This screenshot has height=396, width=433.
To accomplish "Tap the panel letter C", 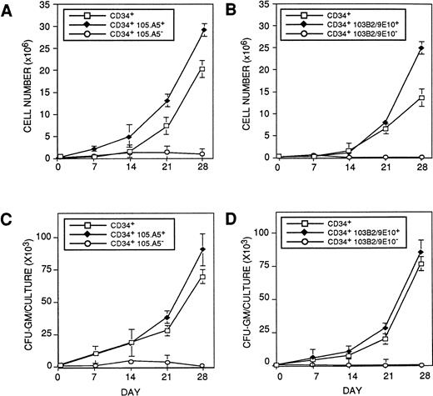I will coord(8,217).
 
